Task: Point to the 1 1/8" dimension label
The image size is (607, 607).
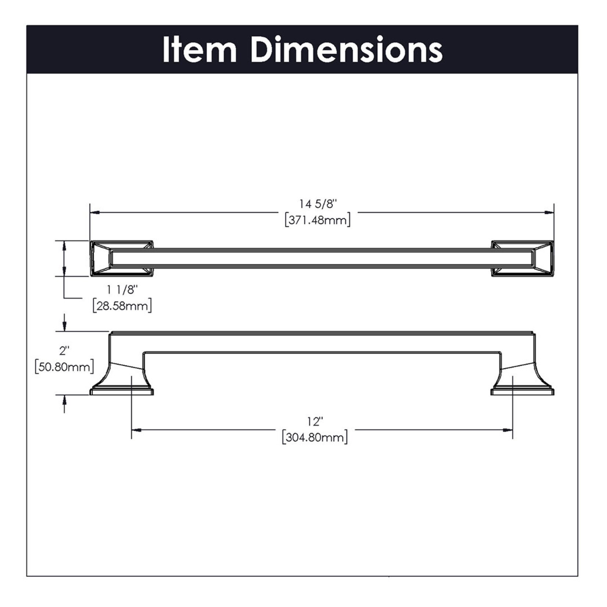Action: click(x=122, y=290)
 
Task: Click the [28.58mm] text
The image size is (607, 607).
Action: click(x=122, y=306)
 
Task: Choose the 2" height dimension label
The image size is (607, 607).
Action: click(x=64, y=351)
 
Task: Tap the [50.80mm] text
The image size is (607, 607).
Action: click(x=64, y=367)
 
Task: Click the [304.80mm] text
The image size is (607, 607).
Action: click(x=315, y=438)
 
